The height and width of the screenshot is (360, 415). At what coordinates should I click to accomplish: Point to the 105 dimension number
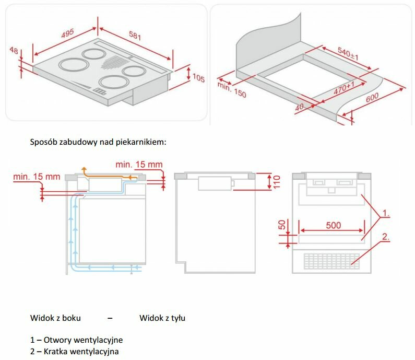[x=198, y=78]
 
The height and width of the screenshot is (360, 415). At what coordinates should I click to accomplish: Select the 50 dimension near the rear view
[x=282, y=225]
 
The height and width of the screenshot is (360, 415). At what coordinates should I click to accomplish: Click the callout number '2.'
[x=385, y=237]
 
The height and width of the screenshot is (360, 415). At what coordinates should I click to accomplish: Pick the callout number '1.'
[x=385, y=213]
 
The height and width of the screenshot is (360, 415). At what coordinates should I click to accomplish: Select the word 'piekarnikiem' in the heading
[x=143, y=142]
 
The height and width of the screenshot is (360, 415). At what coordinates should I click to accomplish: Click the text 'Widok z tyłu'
[x=162, y=318]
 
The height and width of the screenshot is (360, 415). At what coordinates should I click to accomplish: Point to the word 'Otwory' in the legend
[x=57, y=340]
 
